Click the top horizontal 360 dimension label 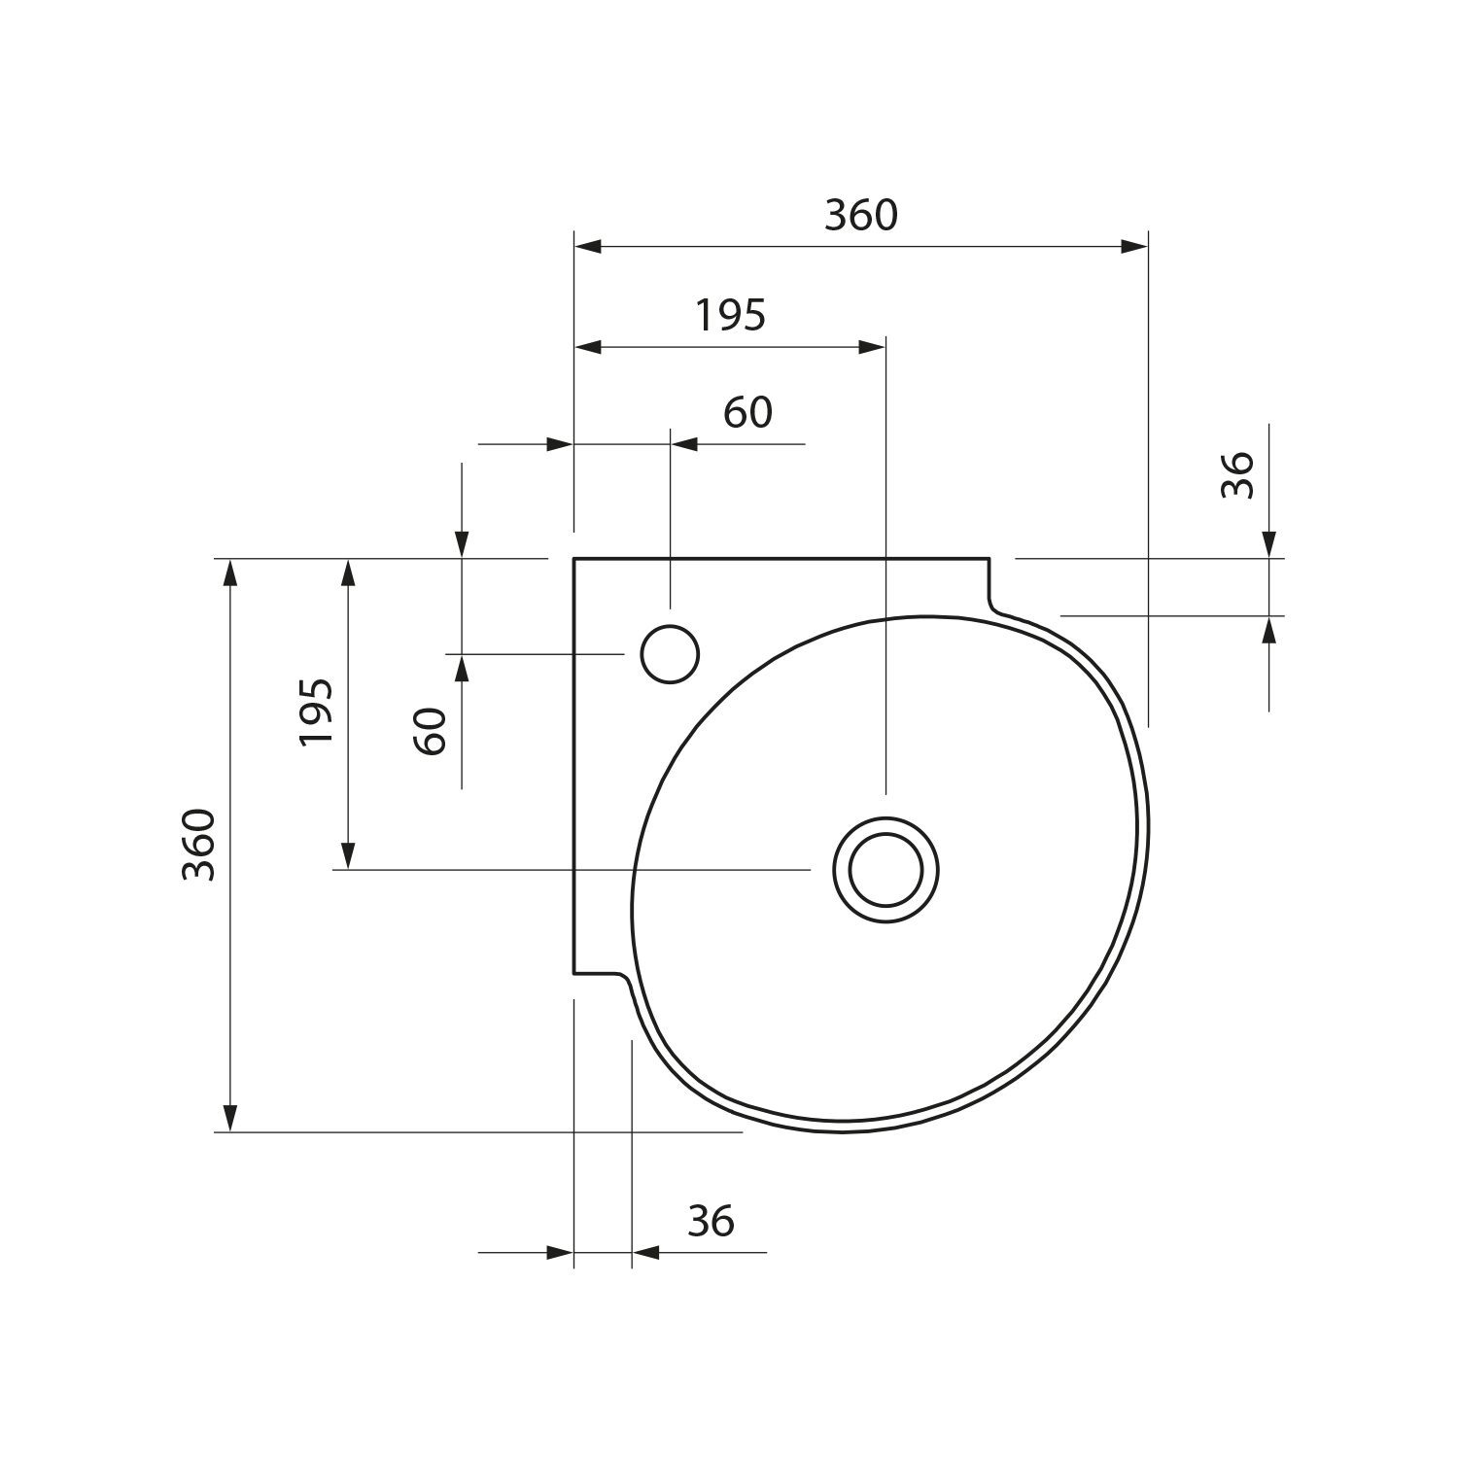click(861, 215)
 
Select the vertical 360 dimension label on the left click(199, 844)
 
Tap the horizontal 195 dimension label click(731, 315)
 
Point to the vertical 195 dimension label click(317, 712)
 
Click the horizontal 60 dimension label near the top click(748, 413)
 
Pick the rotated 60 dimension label click(430, 731)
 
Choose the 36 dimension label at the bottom click(711, 1221)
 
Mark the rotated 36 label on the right click(1237, 475)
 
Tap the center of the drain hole click(885, 868)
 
